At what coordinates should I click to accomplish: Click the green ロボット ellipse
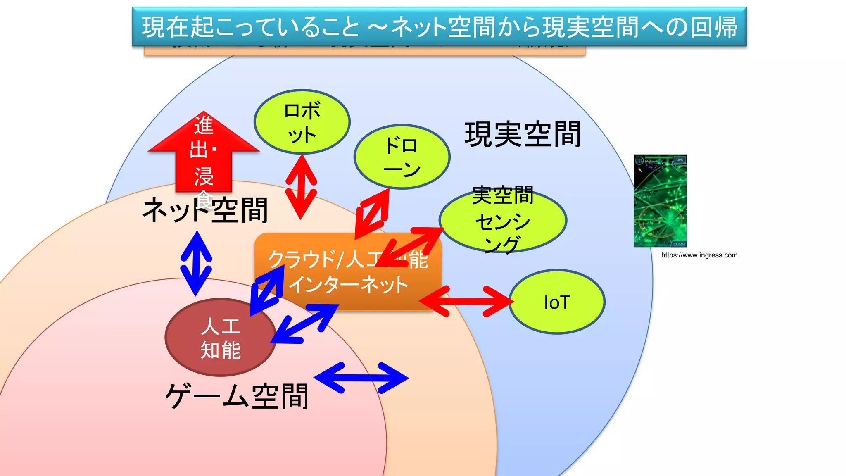302,122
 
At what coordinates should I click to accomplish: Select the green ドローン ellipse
402,157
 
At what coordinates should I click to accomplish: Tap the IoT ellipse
557,302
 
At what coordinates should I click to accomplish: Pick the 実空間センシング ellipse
503,220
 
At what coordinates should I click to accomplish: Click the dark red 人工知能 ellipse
221,337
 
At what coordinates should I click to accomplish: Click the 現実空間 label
523,134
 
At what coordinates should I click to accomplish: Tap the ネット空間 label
205,210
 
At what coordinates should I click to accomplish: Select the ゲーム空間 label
237,396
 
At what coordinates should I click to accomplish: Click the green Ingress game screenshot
660,201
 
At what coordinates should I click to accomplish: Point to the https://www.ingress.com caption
699,255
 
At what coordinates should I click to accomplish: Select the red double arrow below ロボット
301,187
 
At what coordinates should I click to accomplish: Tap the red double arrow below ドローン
373,214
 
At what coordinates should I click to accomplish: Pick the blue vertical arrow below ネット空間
196,263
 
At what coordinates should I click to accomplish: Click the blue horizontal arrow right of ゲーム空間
361,378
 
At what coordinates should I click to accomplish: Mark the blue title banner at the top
439,26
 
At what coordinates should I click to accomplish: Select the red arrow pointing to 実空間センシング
410,246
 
